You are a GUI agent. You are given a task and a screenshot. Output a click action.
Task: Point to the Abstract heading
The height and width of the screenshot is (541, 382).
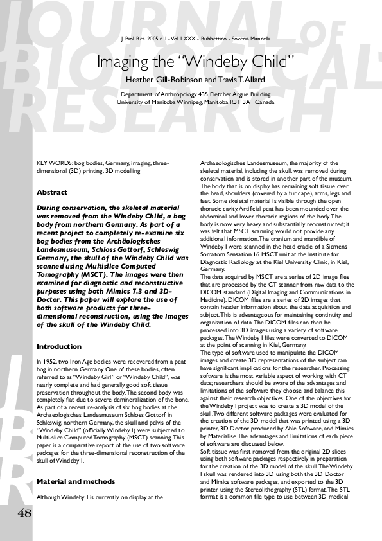52,192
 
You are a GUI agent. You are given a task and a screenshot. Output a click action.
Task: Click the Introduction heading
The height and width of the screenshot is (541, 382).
58,346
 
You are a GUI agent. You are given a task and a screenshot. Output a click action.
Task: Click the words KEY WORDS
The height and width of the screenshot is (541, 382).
51,163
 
